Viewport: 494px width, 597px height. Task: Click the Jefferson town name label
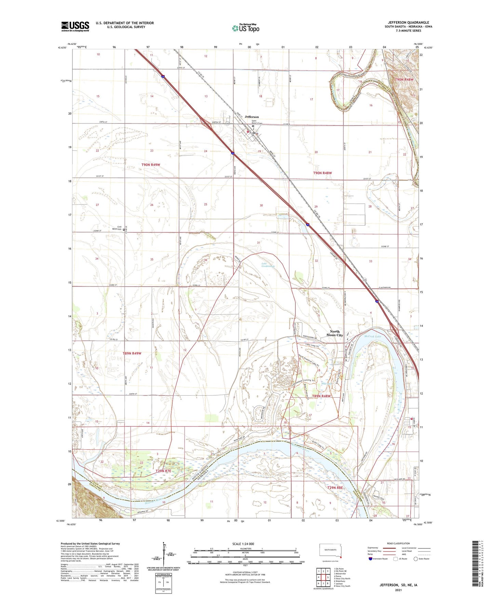point(252,117)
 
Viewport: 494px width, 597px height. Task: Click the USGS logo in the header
point(75,26)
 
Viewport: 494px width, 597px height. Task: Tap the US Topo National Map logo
point(245,28)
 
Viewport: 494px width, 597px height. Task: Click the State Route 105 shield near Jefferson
point(227,124)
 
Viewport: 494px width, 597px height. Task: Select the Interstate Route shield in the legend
point(371,559)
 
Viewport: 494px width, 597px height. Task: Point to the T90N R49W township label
point(151,165)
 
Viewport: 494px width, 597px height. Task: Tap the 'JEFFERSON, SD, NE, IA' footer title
point(398,585)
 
